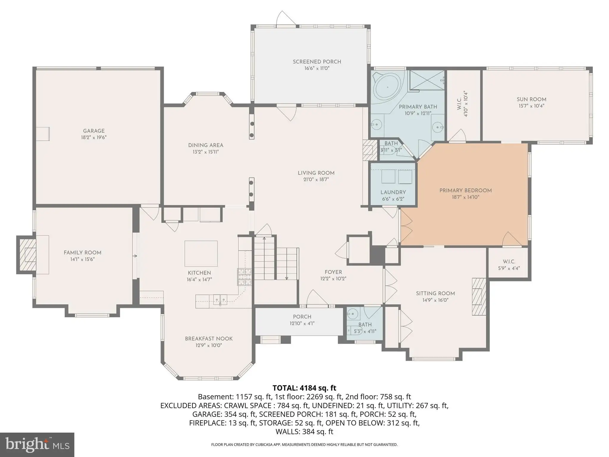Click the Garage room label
click(94, 131)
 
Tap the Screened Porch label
click(317, 62)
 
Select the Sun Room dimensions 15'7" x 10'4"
click(531, 106)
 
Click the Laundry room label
click(393, 192)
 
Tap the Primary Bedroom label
click(466, 190)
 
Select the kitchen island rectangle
click(201, 253)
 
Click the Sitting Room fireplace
click(478, 296)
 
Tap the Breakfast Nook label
click(209, 339)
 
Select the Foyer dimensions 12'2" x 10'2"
click(333, 279)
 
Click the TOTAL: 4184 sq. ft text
click(304, 388)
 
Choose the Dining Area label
click(206, 145)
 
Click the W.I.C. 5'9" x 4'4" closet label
click(509, 265)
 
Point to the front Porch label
click(302, 317)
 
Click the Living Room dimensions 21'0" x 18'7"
click(316, 179)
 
